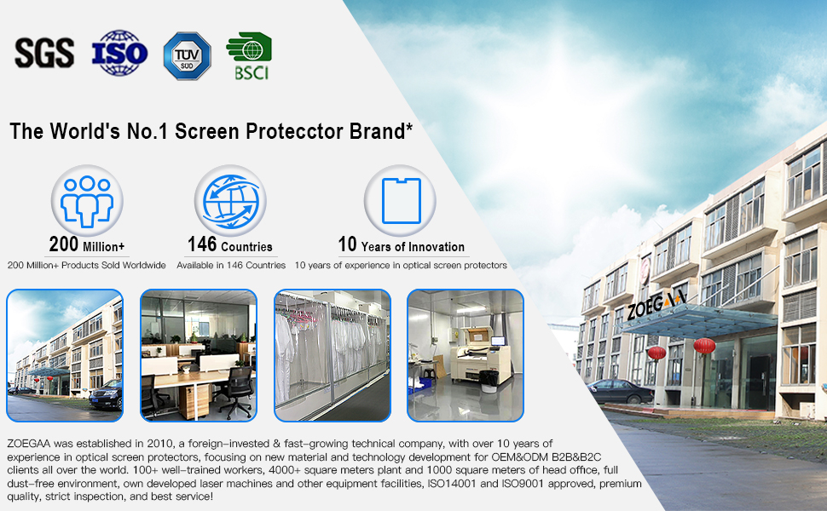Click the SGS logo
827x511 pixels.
tap(44, 53)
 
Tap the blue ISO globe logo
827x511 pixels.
tap(119, 53)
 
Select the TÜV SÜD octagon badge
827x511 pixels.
tap(188, 56)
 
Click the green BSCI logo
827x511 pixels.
tap(249, 56)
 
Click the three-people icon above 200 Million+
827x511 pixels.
tap(87, 201)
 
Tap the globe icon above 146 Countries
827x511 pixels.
tap(230, 201)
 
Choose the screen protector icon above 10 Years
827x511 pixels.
tap(401, 201)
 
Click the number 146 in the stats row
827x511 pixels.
tap(202, 244)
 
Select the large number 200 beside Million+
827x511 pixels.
tap(64, 244)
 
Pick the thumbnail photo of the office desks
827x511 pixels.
tap(199, 355)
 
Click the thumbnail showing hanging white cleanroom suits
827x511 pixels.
tap(333, 355)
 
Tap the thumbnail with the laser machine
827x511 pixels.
tap(466, 355)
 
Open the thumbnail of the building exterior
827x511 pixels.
tap(65, 355)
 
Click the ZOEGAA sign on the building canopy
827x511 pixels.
tap(656, 305)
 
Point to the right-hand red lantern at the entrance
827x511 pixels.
tap(704, 346)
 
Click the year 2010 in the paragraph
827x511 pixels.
tap(159, 444)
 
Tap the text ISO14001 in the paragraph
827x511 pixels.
tap(450, 484)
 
